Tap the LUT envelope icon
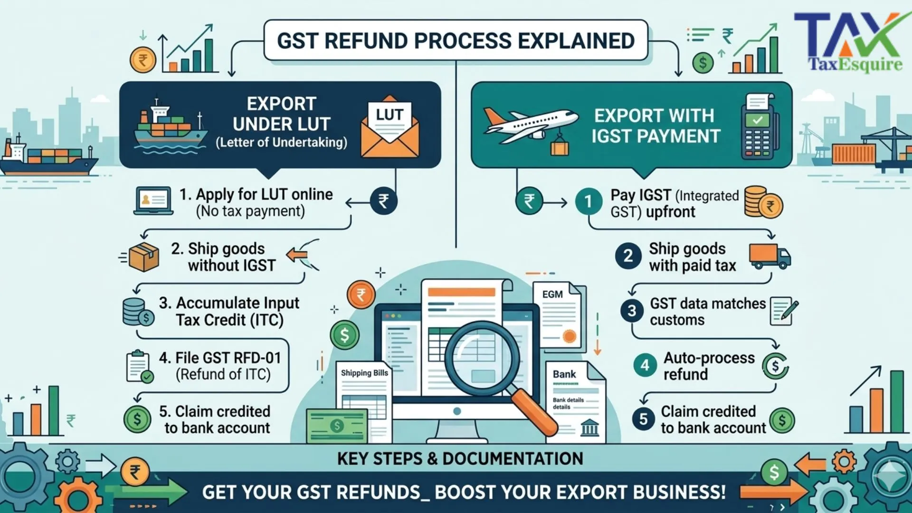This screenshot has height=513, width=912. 389,127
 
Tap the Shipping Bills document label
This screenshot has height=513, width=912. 364,373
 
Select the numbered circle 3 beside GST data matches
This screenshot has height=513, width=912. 632,311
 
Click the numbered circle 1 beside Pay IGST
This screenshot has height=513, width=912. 588,202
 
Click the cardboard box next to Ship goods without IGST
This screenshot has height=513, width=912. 143,257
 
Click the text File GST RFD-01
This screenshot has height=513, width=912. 220,358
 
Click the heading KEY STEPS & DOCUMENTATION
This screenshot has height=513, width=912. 460,458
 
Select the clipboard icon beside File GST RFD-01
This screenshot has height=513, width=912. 139,366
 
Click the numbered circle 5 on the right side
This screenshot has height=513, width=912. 643,419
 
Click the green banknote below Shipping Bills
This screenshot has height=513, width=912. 336,425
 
